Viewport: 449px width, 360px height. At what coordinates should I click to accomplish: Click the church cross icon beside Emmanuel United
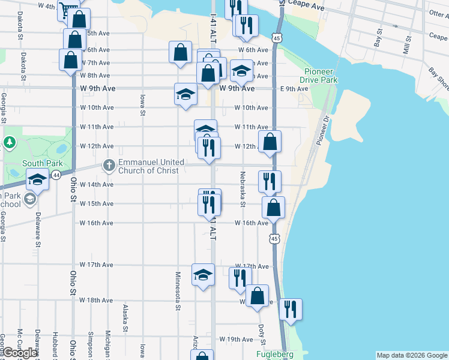click(109, 163)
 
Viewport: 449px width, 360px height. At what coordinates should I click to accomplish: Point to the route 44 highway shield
click(56, 175)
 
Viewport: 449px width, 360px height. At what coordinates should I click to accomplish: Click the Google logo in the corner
click(20, 353)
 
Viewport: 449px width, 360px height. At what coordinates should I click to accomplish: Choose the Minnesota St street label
click(178, 292)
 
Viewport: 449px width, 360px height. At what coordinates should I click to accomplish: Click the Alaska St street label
click(125, 318)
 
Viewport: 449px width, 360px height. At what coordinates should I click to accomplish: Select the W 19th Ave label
click(236, 340)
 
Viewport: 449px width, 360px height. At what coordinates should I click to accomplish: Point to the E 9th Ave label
click(294, 89)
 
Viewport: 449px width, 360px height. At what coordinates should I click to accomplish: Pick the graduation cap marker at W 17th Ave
click(203, 275)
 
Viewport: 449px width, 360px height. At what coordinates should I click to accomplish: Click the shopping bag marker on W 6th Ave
click(181, 52)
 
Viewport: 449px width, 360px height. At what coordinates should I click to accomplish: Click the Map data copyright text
click(411, 355)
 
